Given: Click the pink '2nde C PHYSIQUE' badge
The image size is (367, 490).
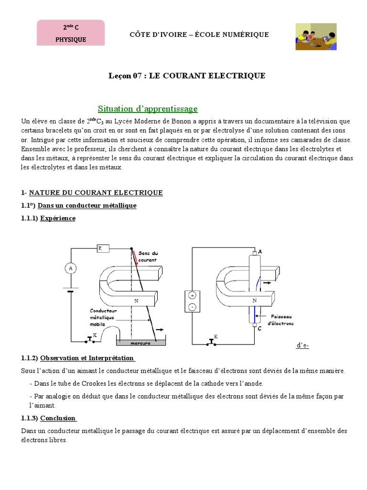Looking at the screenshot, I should [x=70, y=33].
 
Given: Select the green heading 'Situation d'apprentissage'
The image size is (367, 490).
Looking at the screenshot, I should [x=148, y=109].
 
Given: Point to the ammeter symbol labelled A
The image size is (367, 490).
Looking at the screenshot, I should [x=71, y=268].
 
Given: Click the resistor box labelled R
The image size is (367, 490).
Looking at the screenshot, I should [x=102, y=248].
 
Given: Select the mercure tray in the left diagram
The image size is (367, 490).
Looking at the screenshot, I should [x=140, y=343].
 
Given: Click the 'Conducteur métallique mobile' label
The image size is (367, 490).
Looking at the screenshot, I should [x=103, y=317].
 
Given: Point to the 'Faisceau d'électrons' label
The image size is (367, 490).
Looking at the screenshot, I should [x=281, y=320].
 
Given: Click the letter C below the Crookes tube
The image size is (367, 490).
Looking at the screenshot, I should [x=259, y=329].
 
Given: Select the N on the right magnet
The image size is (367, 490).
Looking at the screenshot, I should [x=254, y=301].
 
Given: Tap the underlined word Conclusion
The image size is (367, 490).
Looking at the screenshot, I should [x=58, y=418].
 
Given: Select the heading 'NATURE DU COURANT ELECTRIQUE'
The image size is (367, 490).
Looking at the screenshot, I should [x=96, y=192].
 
